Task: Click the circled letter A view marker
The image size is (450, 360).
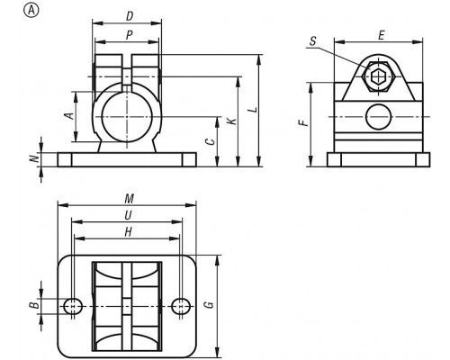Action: pos(31,11)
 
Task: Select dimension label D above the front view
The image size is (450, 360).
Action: pos(130,16)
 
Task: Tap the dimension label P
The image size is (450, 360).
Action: pos(129,35)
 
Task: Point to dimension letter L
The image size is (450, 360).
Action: pos(255,110)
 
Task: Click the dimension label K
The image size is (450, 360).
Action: pos(232,121)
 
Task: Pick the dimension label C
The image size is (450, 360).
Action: pos(211,141)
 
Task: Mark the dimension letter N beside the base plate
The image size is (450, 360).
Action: pos(35,158)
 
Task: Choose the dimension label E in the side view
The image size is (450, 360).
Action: pos(381,36)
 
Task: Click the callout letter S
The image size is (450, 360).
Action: pos(313,41)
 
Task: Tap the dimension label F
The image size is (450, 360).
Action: pos(304,122)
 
